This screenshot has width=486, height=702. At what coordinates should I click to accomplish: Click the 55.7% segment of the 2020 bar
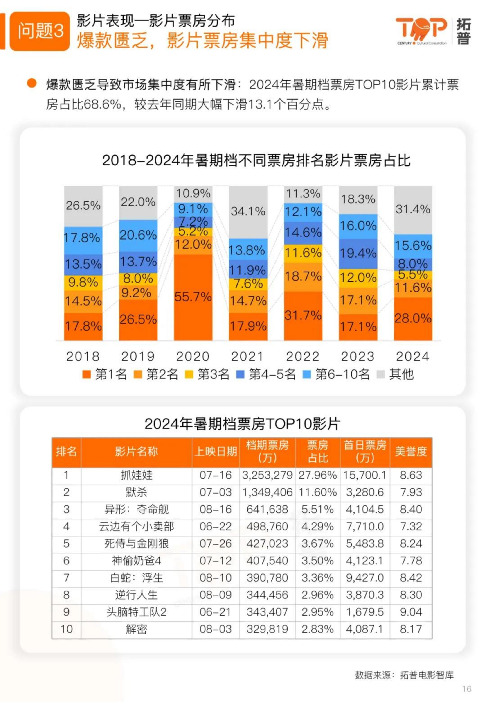pos(193,297)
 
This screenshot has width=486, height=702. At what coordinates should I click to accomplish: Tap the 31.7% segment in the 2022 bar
pos(303,316)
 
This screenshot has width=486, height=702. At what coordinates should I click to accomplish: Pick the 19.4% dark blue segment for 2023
pos(358,254)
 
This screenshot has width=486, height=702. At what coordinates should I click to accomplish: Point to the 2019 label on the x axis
pos(138,356)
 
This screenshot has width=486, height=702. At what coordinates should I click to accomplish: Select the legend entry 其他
pos(396,374)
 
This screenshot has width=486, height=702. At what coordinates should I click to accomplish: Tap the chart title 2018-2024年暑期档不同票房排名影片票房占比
pos(256,161)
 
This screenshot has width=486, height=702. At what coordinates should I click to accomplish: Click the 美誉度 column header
pos(411,452)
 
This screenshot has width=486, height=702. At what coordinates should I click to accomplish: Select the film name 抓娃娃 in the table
pos(136,475)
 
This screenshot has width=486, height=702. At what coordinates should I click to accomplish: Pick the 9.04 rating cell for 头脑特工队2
pos(411,612)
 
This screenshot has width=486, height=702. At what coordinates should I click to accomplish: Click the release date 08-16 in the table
pos(216,510)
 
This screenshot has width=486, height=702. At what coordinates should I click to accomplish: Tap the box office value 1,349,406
pos(267,492)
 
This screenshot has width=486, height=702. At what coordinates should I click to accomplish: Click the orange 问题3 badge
pos(40,31)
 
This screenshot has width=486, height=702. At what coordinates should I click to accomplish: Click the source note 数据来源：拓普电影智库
pos(404,675)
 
